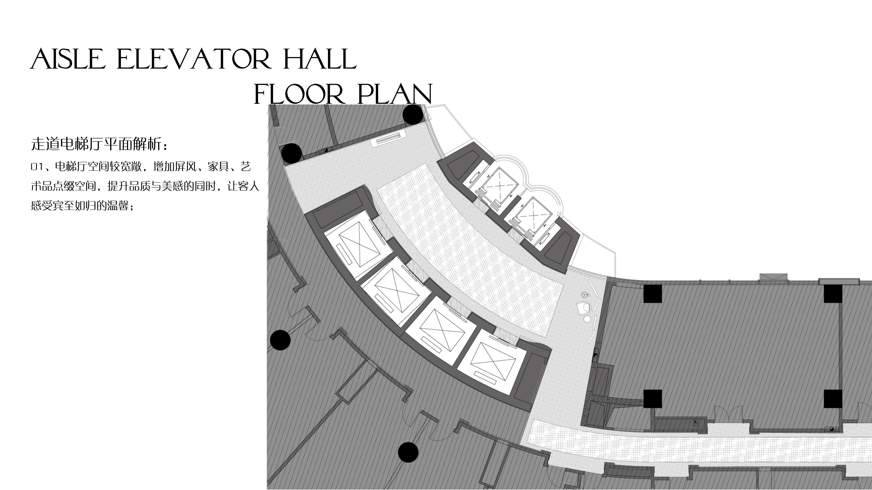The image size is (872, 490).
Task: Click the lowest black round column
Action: pyautogui.click(x=408, y=452)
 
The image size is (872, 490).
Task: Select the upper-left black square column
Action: pyautogui.click(x=652, y=293)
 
